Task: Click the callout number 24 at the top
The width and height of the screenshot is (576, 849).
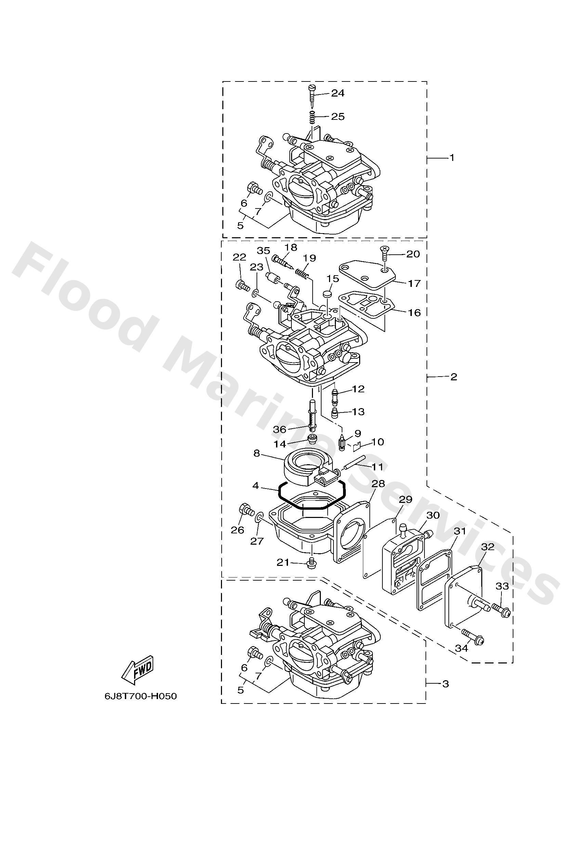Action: (x=338, y=93)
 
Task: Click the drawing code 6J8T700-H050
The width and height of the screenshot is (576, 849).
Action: (x=141, y=696)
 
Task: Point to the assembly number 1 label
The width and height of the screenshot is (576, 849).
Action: (x=451, y=158)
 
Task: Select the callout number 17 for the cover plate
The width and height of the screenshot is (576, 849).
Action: (x=414, y=283)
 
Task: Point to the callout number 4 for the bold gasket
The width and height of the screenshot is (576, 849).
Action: (x=256, y=486)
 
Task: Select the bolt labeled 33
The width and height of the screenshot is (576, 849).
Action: (x=501, y=609)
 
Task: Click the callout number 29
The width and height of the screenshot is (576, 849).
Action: (x=406, y=499)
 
